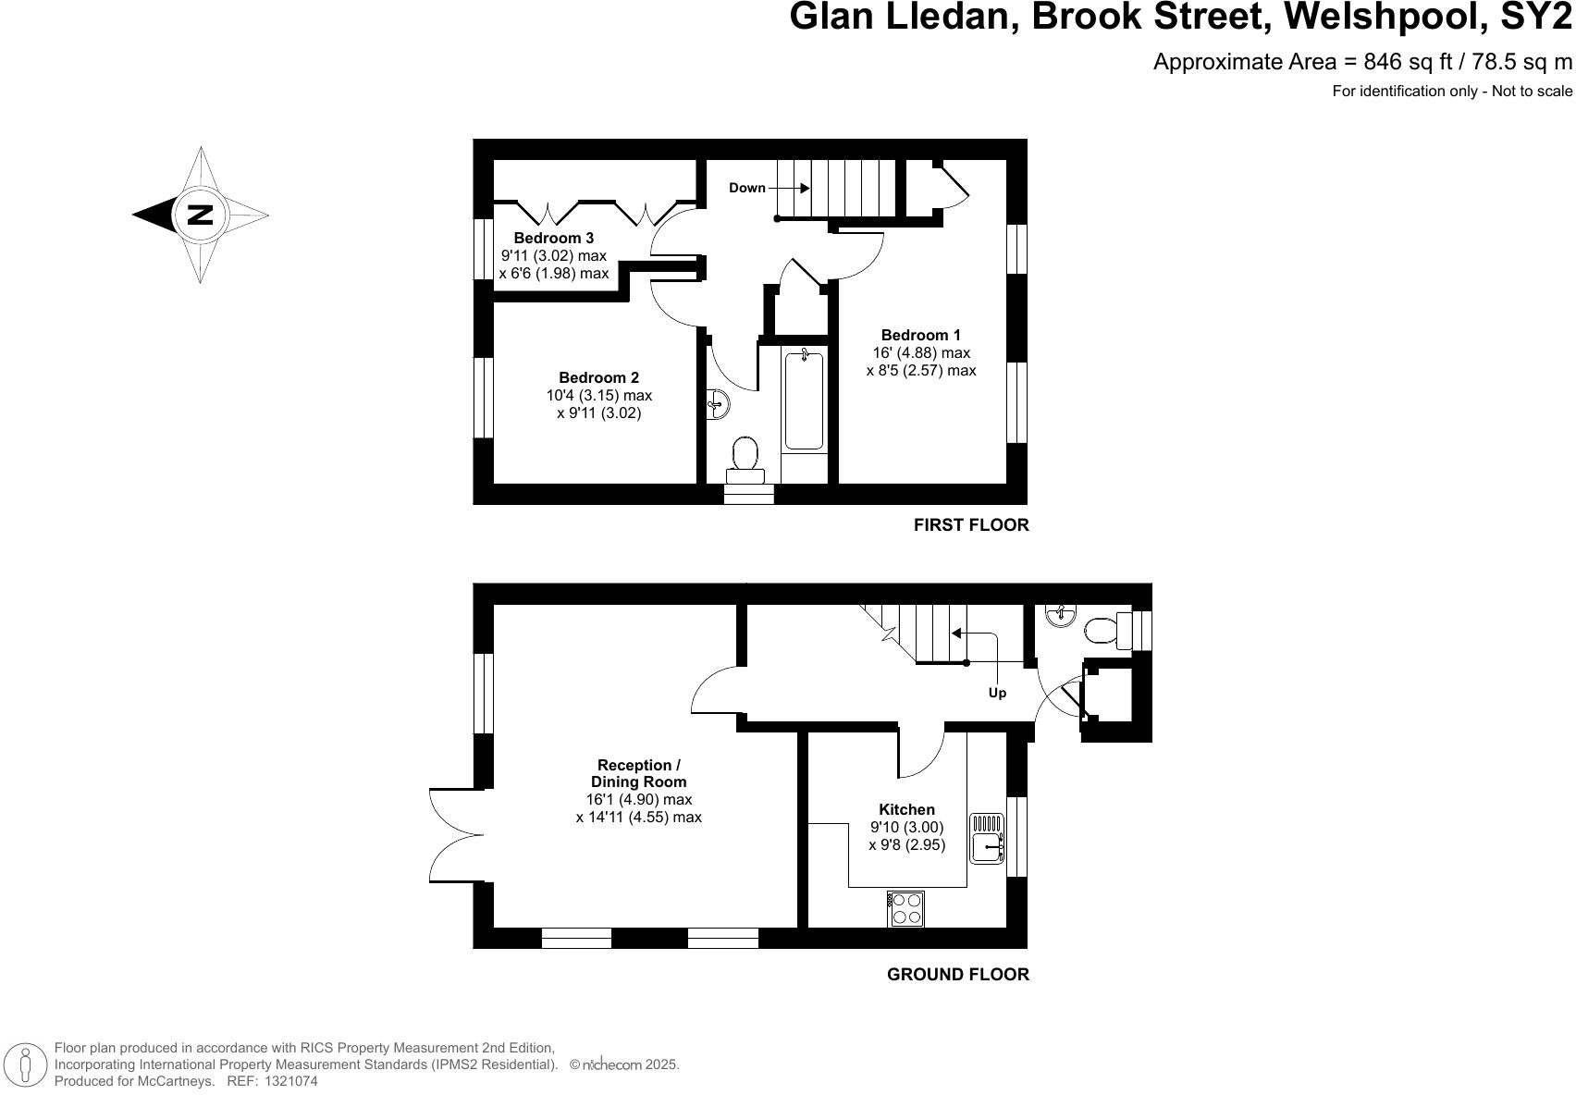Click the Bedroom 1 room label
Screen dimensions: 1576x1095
[920, 335]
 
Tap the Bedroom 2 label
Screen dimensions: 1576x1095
[598, 377]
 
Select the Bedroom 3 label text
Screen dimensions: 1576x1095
[554, 239]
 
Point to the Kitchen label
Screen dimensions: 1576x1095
[906, 809]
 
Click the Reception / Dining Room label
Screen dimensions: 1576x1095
[638, 773]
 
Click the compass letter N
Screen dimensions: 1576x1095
[200, 215]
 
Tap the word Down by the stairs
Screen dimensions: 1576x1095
[747, 188]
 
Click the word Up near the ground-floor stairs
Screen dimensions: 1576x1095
[997, 693]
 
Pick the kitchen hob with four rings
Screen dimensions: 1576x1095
[905, 908]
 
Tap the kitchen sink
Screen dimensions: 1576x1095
[988, 838]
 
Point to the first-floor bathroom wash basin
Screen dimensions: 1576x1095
[719, 403]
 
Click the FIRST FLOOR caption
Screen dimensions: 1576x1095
[971, 525]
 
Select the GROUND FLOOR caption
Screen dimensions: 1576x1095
[957, 974]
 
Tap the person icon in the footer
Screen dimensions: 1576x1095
[26, 1064]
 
